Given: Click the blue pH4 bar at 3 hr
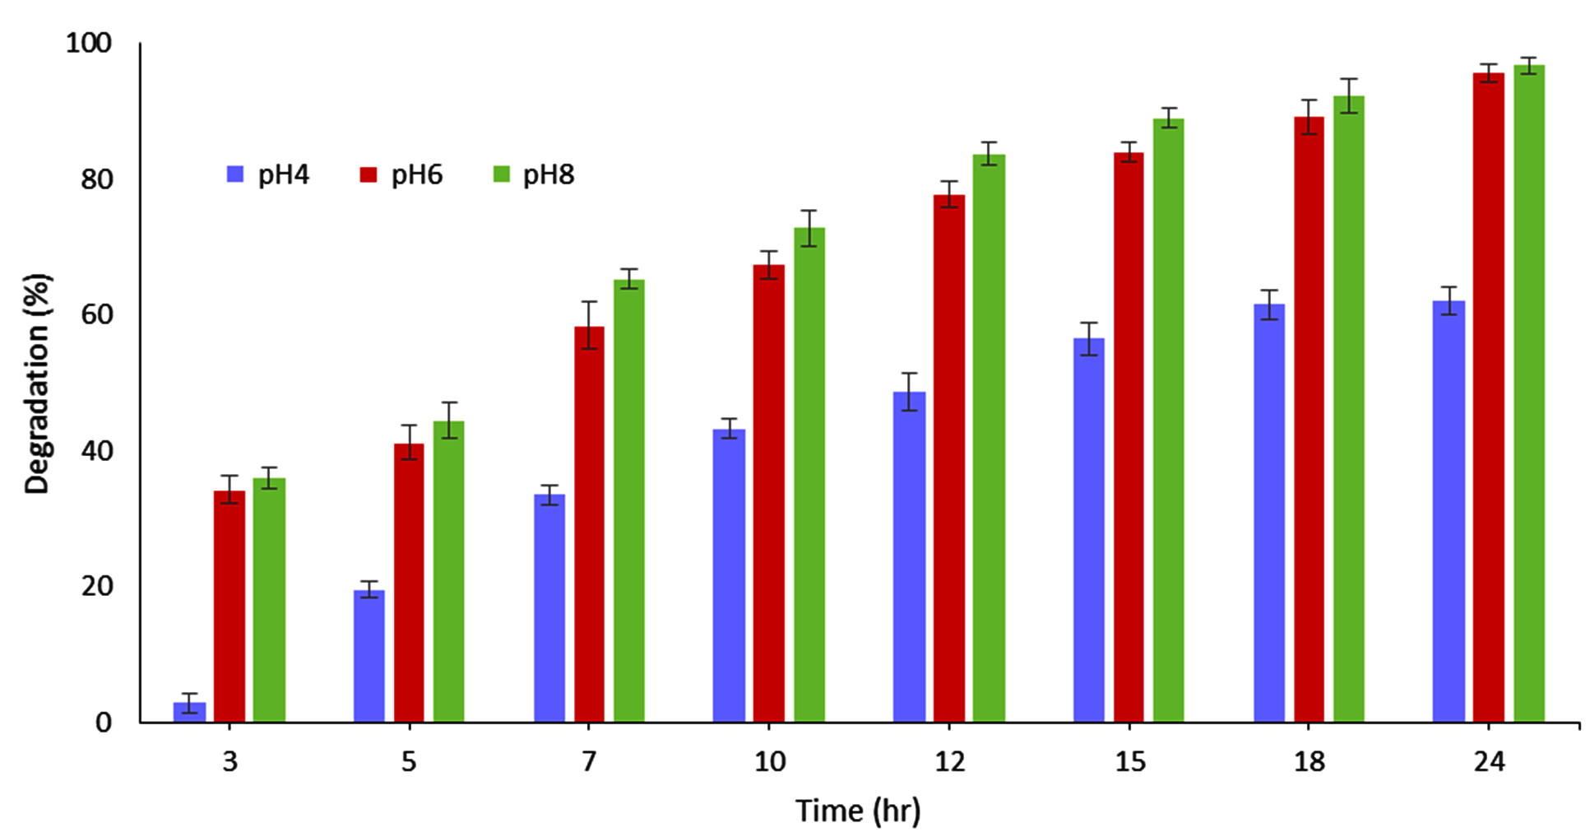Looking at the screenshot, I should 189,712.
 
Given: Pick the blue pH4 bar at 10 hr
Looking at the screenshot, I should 729,575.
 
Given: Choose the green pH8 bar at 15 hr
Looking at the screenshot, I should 1168,420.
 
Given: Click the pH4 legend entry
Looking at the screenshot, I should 268,174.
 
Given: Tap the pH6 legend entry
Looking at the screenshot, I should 401,174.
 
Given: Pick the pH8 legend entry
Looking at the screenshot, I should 534,174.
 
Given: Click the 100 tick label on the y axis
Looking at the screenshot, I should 88,43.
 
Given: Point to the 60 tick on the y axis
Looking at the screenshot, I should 96,314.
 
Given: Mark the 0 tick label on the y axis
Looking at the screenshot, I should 104,723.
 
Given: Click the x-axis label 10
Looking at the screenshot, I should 769,762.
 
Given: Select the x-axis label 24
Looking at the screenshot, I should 1489,762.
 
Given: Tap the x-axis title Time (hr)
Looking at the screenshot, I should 858,811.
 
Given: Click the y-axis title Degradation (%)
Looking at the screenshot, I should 37,383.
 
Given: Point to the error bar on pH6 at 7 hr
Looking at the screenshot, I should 589,325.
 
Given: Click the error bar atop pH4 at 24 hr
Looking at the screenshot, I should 1449,300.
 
